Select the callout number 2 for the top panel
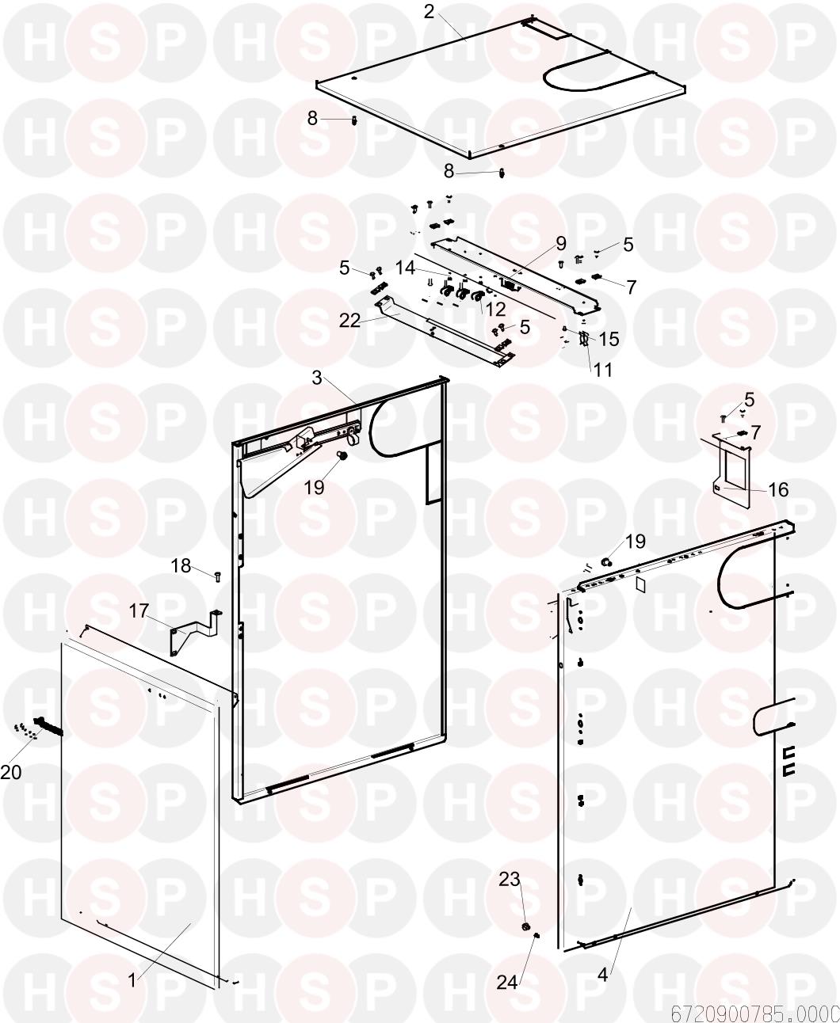(x=429, y=12)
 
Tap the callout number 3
(x=317, y=378)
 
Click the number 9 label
(x=561, y=243)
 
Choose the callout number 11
(x=602, y=370)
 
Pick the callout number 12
(x=494, y=309)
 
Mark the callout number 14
(x=406, y=268)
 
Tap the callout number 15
(x=609, y=339)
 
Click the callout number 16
(x=778, y=489)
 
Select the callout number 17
(x=139, y=610)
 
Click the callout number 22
(x=349, y=320)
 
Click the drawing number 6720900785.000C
(x=755, y=1013)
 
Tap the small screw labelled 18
(x=217, y=576)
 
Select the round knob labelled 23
(x=525, y=926)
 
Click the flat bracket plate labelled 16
(x=732, y=470)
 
